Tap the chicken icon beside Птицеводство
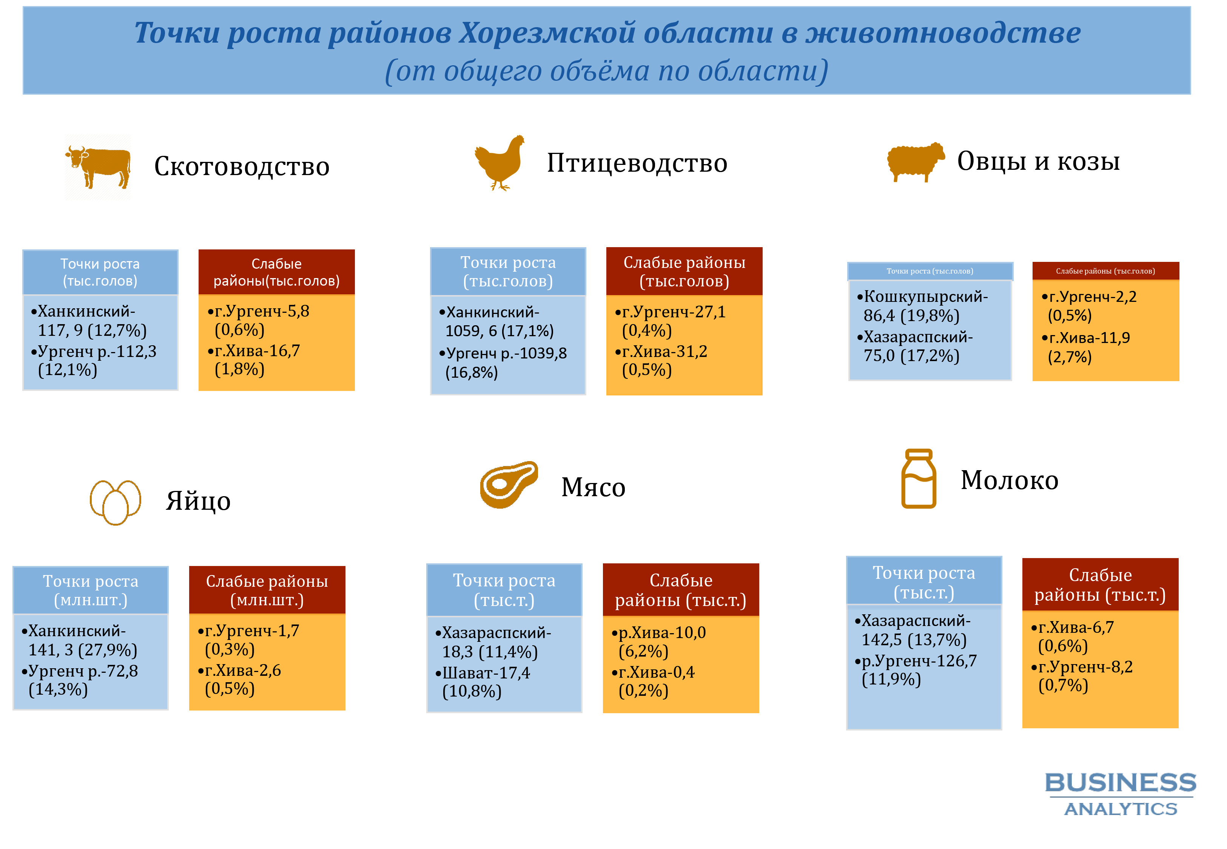pos(499,163)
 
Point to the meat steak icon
pos(509,484)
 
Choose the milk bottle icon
pos(919,479)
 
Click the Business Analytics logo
pos(1121,794)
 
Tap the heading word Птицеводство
pos(637,163)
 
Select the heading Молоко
pos(1010,480)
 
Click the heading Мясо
pos(593,487)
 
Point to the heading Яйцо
pos(198,501)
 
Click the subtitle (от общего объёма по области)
pos(607,71)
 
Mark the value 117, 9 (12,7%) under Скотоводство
pos(92,330)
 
